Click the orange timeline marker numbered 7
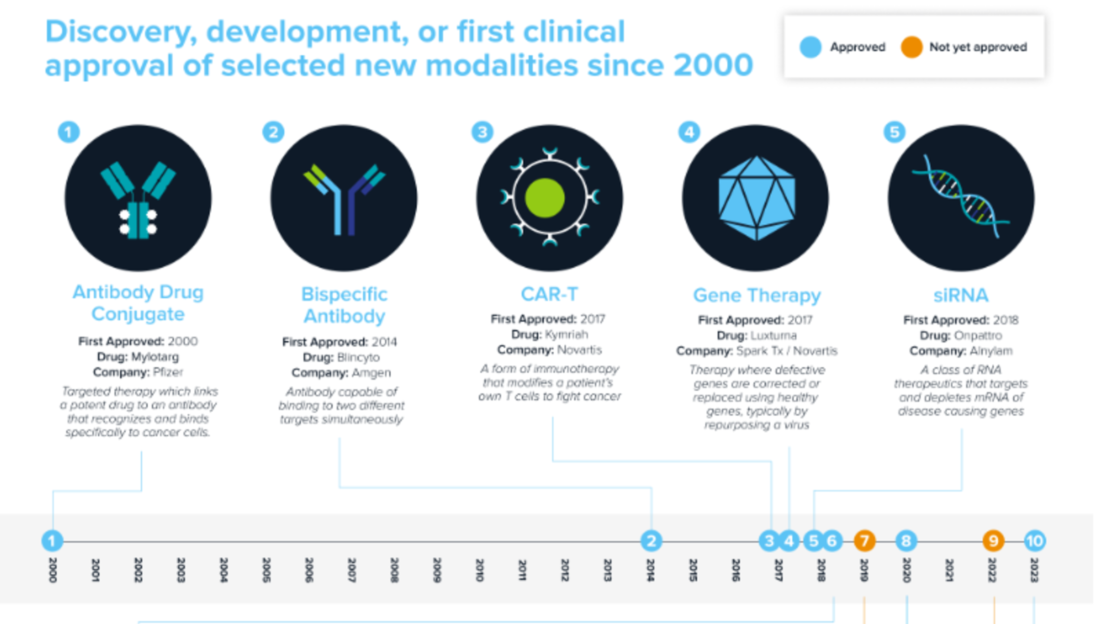864,541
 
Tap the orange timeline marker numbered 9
993,541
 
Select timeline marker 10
1034,541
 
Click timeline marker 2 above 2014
651,541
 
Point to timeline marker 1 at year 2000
52,541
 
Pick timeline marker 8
906,541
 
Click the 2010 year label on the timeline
479,570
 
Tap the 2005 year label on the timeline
266,570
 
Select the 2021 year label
949,570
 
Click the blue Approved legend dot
810,47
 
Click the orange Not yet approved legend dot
911,47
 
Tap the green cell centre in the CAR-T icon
544,198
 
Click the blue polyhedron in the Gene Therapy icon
757,198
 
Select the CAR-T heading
549,294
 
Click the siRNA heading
961,295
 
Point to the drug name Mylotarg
155,357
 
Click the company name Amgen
371,373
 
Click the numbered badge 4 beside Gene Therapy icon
689,132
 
